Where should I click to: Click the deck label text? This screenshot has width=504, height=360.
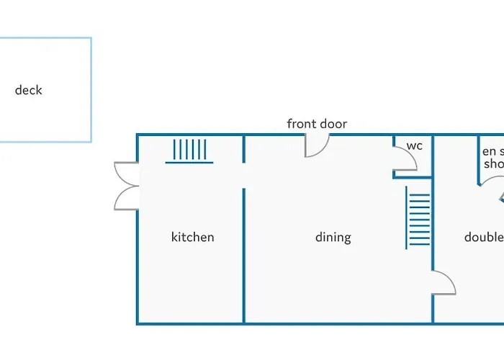[x=29, y=90]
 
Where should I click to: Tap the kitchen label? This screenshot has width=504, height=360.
[x=192, y=237]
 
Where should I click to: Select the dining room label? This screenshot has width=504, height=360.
[x=333, y=237]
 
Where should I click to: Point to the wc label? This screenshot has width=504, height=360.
[x=414, y=145]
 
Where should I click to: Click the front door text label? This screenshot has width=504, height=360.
[x=317, y=124]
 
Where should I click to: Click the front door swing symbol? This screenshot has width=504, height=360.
[x=317, y=145]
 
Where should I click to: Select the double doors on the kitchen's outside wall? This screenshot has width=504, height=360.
[x=127, y=186]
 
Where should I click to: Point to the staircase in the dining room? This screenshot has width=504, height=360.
[x=418, y=217]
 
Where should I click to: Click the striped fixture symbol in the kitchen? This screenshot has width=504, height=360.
[x=189, y=150]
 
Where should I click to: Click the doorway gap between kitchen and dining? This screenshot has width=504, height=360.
[x=244, y=176]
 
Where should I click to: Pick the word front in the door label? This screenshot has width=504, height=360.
[x=302, y=124]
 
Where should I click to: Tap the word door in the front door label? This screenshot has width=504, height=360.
[x=333, y=124]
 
